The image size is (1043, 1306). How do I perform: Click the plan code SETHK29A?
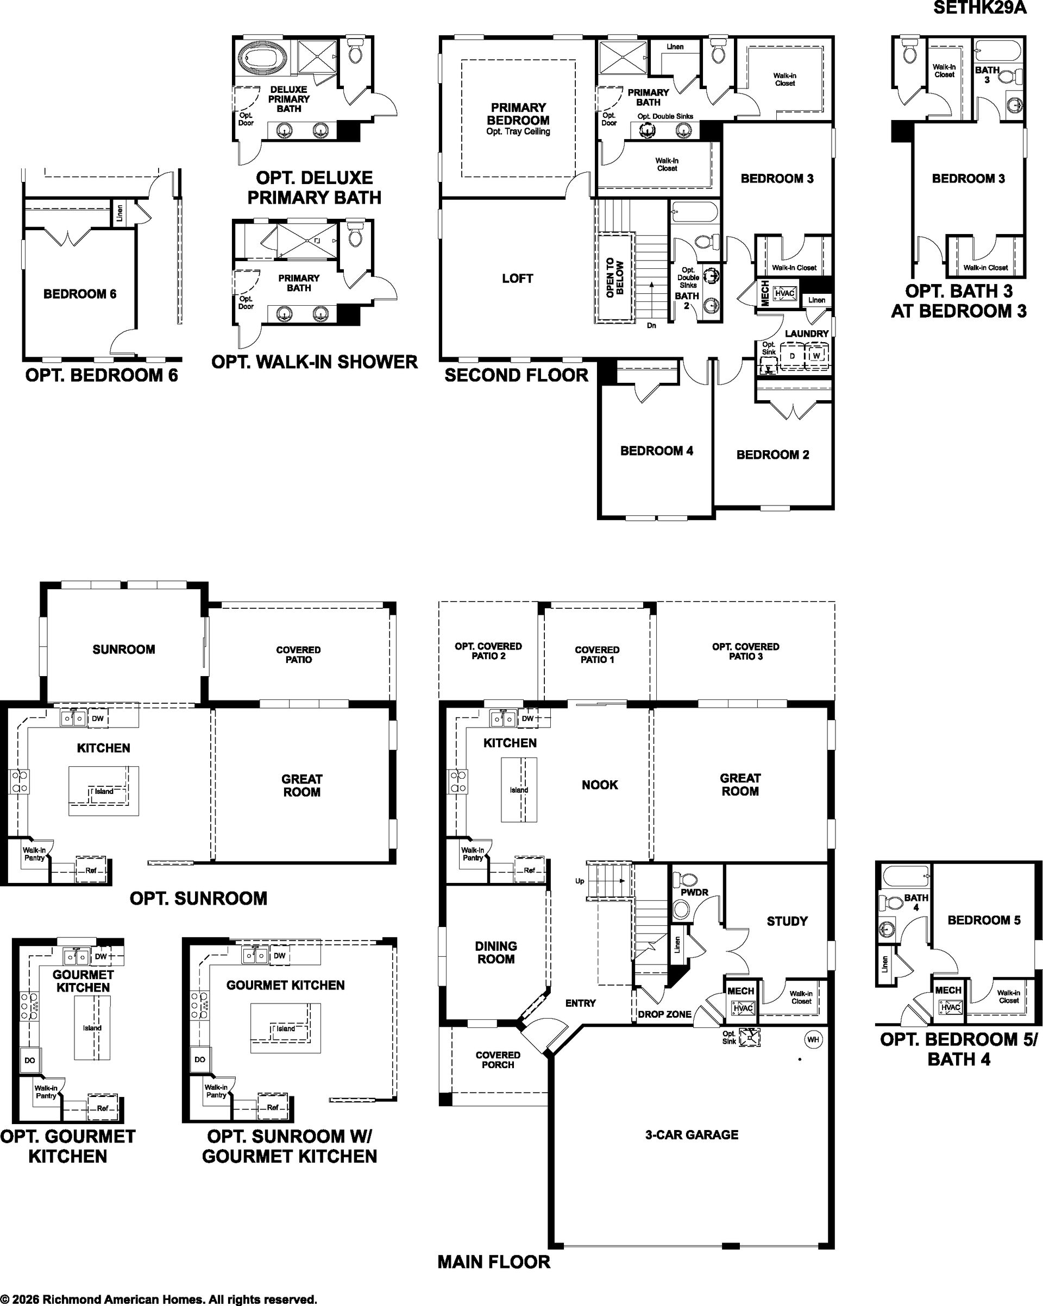980,8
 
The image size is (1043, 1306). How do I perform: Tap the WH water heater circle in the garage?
813,1039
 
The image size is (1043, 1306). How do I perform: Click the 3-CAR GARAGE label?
692,1134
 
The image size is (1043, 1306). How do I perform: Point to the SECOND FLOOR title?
517,375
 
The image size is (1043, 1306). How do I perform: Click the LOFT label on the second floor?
518,279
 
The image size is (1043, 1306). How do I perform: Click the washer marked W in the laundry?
816,356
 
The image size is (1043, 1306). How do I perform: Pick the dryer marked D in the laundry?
791,356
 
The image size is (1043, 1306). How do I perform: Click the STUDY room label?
787,922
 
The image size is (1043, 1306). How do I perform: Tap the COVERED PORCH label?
498,1059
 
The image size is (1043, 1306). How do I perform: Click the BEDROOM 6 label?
80,294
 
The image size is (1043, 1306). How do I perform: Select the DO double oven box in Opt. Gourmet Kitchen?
30,1060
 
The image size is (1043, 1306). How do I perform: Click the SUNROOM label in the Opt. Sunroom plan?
124,649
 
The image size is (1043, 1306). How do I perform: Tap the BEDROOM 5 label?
984,920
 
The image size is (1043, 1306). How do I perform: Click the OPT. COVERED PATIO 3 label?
745,651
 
